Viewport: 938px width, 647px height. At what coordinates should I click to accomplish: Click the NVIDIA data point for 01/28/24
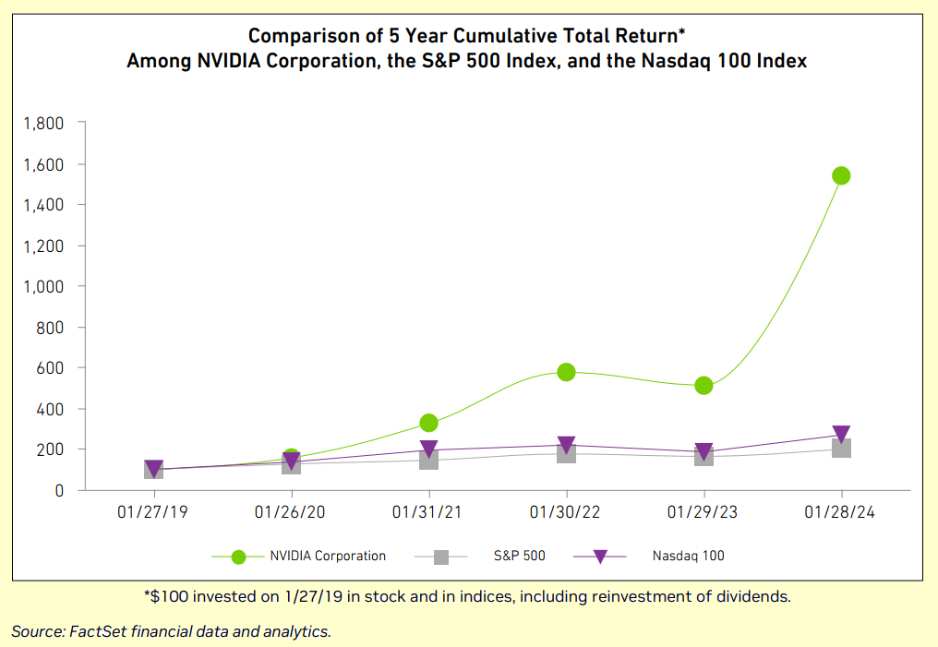click(840, 175)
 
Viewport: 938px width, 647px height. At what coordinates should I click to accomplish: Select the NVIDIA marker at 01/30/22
click(566, 372)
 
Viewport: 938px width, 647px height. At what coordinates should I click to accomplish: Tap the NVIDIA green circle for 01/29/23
click(703, 385)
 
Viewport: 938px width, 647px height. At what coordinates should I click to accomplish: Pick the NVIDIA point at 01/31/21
click(428, 423)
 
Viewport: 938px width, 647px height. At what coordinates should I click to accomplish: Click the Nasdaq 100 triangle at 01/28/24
click(840, 435)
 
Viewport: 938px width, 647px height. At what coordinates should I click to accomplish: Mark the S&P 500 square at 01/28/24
click(840, 449)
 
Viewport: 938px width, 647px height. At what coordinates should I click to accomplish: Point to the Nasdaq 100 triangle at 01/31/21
click(428, 449)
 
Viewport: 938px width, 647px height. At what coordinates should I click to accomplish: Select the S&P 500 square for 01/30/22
click(566, 453)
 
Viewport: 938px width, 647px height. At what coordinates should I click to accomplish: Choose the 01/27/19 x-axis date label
click(153, 513)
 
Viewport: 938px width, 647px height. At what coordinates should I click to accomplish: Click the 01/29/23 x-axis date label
click(703, 513)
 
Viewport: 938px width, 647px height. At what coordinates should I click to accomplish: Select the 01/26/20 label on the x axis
click(291, 513)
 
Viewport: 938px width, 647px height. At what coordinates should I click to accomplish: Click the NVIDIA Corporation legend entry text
click(328, 556)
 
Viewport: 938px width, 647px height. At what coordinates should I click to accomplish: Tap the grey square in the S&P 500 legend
click(441, 557)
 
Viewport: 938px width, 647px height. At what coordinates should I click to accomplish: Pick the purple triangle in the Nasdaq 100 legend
click(599, 557)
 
